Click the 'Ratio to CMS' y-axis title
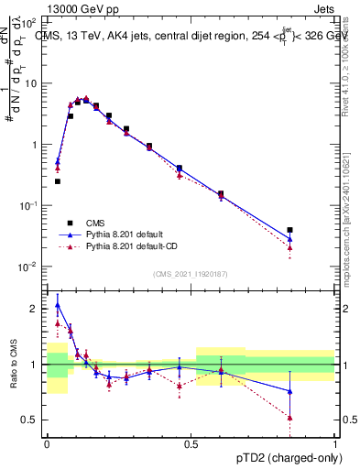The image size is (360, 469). click(12, 365)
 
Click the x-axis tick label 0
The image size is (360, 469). click(47, 442)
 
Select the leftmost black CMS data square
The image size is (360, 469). click(58, 181)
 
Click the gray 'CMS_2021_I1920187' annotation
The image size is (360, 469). click(191, 274)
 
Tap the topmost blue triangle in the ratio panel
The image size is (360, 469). click(58, 305)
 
